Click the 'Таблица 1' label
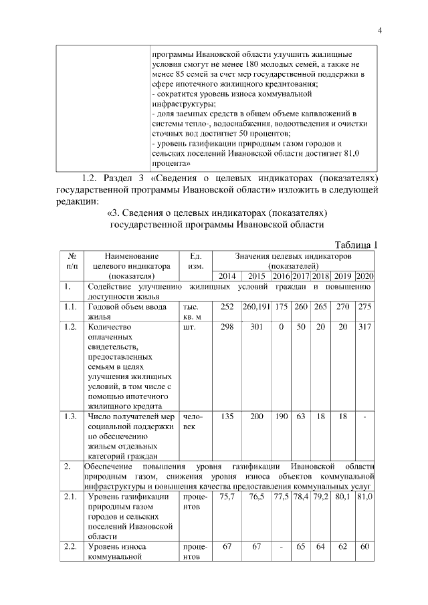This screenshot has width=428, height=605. (x=355, y=245)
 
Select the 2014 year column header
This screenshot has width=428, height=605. (x=227, y=276)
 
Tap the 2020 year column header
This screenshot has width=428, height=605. (x=364, y=276)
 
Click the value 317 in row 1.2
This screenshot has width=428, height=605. (x=364, y=328)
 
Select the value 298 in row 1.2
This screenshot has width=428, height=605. (x=227, y=328)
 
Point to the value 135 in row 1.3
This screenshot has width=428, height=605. (x=227, y=416)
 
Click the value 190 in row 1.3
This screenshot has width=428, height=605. (x=281, y=416)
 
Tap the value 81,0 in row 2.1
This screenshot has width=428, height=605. (x=364, y=498)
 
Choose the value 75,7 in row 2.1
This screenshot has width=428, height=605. (x=227, y=498)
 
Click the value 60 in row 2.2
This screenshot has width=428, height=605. (x=364, y=547)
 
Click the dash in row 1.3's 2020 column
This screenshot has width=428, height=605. (x=364, y=416)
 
